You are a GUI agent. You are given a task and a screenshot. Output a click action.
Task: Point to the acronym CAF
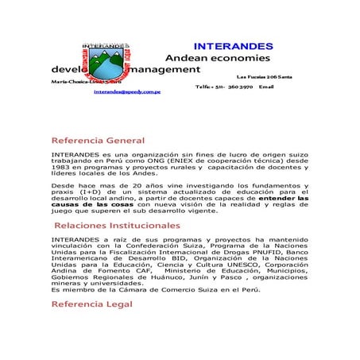click(140, 275)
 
